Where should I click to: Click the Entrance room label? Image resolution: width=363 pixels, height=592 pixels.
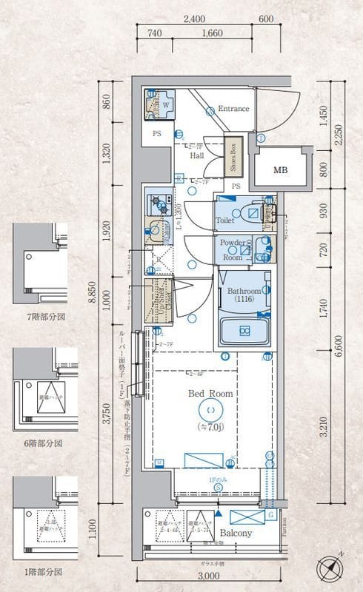[x=233, y=109]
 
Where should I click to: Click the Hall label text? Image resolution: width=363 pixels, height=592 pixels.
[x=196, y=156]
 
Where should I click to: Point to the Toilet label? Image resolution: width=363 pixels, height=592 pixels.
[x=225, y=221]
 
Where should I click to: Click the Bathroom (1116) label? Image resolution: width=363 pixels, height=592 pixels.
[x=244, y=295]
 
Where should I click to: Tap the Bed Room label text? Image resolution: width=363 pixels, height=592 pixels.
[x=210, y=394]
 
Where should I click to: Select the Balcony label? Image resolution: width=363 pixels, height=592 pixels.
[x=236, y=533]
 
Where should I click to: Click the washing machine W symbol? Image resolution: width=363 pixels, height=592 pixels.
[x=165, y=105]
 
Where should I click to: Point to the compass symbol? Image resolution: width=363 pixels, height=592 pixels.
[x=329, y=571]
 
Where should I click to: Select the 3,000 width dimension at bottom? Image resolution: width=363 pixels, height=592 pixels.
[x=210, y=576]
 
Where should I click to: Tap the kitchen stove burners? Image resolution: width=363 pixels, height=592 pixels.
[x=159, y=203]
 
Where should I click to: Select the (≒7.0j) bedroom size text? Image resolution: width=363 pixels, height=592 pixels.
[x=210, y=426]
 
